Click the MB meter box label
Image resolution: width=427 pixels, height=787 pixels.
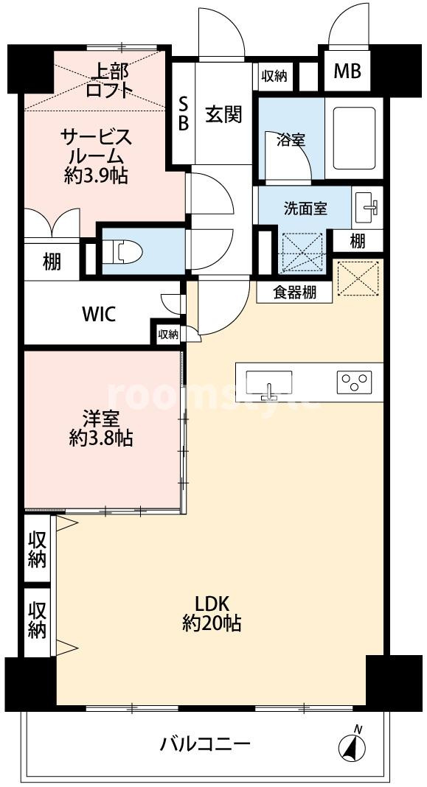tap(347, 71)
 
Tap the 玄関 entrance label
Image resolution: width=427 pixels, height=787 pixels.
tap(223, 115)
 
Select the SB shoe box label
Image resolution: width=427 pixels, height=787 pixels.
tap(184, 114)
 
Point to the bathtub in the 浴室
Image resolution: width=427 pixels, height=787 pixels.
tap(354, 137)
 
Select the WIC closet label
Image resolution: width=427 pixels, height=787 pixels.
tap(99, 315)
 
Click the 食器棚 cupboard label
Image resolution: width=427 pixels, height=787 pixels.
tap(295, 293)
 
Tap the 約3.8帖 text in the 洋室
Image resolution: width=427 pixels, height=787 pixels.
tap(101, 439)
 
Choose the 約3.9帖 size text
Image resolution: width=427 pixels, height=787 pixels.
tap(95, 175)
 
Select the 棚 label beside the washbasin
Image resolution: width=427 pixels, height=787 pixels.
tap(357, 242)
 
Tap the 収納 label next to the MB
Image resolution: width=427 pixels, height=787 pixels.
tap(274, 76)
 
